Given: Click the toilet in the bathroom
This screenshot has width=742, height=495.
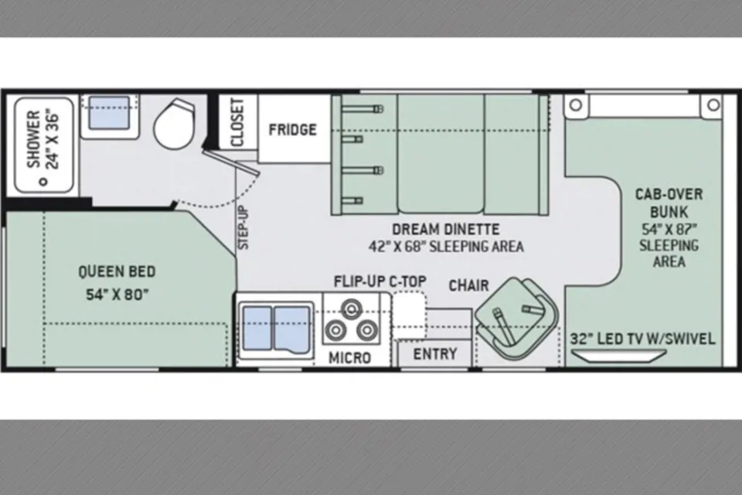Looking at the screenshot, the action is coord(172,123).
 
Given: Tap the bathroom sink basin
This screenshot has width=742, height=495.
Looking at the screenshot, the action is coord(109,112).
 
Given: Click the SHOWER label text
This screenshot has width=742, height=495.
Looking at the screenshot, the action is coord(33,139).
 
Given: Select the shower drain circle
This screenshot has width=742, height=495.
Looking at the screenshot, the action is coord(45,182).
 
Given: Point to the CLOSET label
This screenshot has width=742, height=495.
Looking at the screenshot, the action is coord(237,122).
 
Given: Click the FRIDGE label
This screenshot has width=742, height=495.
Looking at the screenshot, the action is coord(292,129).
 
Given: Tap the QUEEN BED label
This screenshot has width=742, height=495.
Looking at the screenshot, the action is coord(117,271).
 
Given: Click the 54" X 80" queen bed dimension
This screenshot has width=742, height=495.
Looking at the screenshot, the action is coord(117,294).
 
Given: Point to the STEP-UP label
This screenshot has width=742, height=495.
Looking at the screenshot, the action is coord(243,227).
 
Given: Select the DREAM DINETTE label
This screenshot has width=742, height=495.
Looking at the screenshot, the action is coord(446,229).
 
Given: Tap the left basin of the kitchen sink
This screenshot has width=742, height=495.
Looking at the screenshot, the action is coord(257,328).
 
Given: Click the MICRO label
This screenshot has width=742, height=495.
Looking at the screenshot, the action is coord(349,357).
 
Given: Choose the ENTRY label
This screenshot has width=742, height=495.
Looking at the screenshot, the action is coord(435,353).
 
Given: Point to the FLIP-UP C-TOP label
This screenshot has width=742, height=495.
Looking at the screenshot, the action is coord(380,282).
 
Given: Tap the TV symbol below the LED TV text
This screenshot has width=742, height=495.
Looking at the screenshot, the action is coord(618,355).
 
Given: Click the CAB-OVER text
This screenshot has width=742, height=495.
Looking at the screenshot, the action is coord(669,194).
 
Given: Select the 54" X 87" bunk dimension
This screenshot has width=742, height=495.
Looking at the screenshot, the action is coord(669,229).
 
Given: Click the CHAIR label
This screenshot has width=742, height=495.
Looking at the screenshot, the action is coord(468,285).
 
